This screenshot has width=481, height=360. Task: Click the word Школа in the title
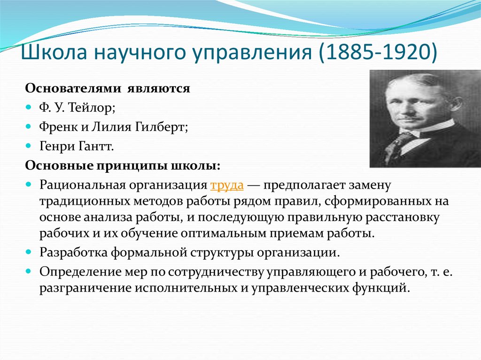click(54, 52)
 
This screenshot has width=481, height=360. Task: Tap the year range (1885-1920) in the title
click(378, 53)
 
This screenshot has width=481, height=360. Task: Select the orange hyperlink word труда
click(227, 185)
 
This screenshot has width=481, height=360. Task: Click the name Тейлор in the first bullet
click(91, 107)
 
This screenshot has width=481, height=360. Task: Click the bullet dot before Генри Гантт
click(29, 146)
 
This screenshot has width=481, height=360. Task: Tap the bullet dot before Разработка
click(29, 253)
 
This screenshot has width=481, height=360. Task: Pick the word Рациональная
click(82, 185)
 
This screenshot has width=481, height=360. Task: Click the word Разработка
click(74, 253)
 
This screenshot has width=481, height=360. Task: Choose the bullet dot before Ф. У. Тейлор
click(29, 107)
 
